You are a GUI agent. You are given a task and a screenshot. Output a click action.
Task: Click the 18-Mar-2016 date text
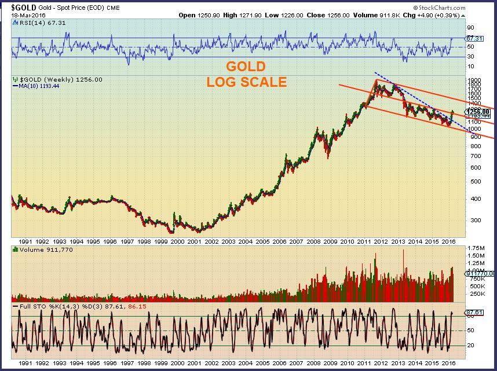point(27,15)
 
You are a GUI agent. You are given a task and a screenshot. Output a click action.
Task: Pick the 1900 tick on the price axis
point(473,80)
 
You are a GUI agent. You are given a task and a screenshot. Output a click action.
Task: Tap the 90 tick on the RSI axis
point(470,27)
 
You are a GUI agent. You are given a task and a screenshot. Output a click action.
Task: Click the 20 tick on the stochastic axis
point(470,346)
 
